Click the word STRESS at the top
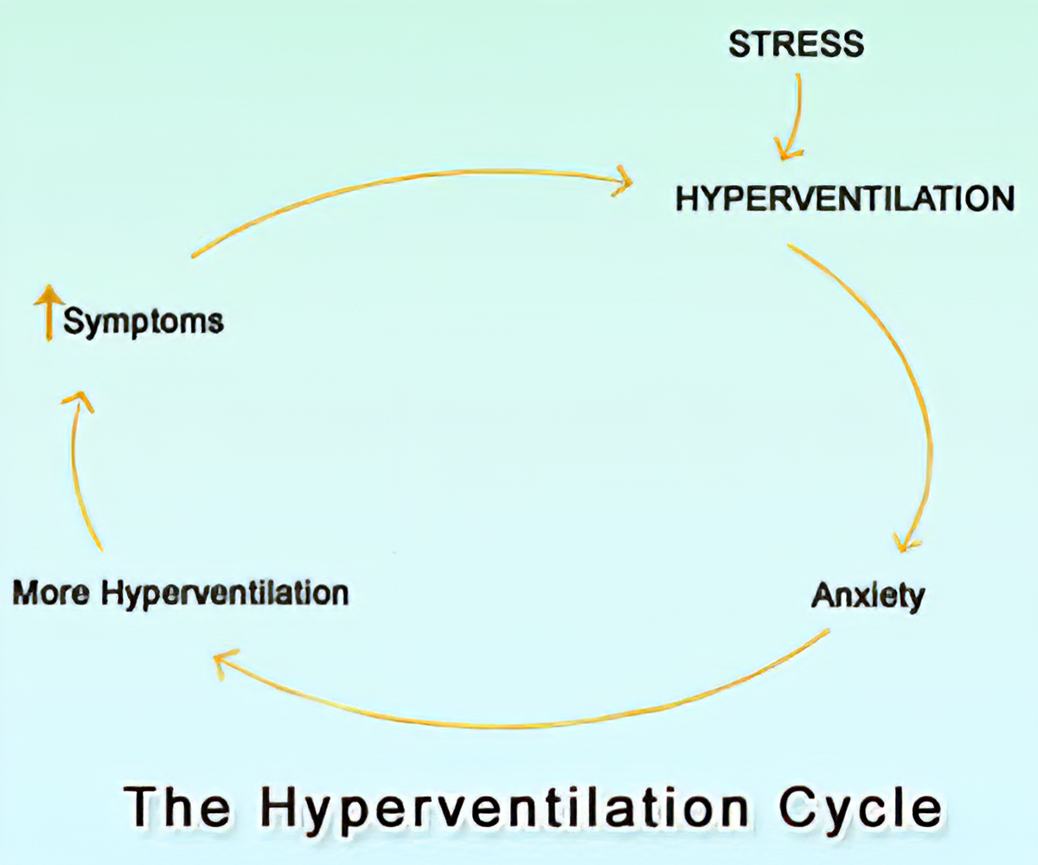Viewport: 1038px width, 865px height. point(796,43)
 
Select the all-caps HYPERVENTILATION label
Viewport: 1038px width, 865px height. point(845,198)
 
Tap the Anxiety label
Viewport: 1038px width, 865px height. point(868,596)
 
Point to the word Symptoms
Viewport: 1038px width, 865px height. point(144,322)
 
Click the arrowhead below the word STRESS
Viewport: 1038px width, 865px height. point(785,151)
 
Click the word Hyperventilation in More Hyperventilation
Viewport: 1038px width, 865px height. point(225,595)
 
